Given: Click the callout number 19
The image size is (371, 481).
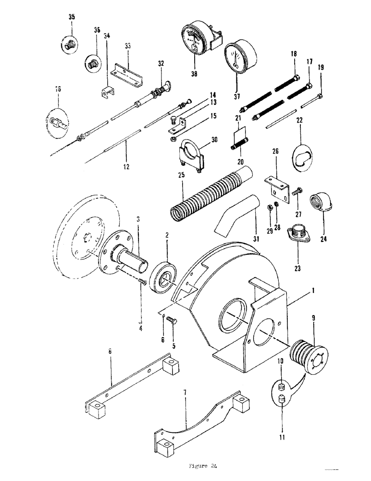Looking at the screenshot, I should click(x=322, y=68).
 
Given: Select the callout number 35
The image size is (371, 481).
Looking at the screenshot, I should click(x=71, y=17).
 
